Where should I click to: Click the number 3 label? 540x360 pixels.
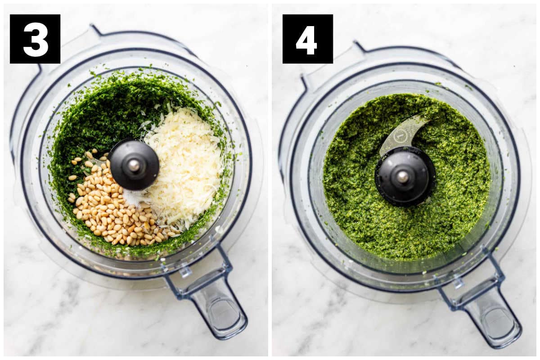(35, 39)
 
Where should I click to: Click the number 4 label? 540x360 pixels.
(308, 39)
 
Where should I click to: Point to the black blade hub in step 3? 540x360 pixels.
(134, 165)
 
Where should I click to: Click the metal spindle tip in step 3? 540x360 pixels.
(134, 165)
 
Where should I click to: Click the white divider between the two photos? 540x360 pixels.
(270, 180)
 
